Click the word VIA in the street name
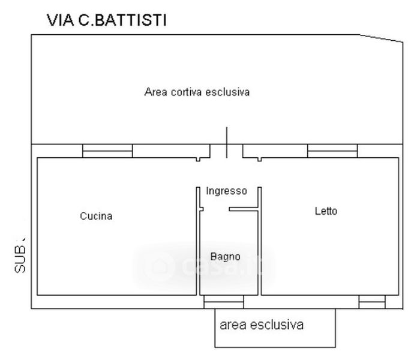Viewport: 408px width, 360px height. click(59, 21)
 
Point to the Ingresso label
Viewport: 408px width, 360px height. click(226, 191)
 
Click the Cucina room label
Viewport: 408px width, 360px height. click(96, 216)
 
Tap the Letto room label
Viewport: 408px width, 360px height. click(326, 211)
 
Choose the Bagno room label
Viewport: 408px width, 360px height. click(225, 256)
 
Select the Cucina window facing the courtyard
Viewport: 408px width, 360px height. click(107, 151)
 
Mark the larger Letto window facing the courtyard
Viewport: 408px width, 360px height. click(331, 151)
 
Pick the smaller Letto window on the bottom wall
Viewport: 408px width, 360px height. click(371, 302)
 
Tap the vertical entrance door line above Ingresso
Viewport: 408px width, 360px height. click(226, 143)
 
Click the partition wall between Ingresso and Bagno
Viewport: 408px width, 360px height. click(243, 210)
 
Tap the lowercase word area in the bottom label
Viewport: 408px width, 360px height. click(234, 325)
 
